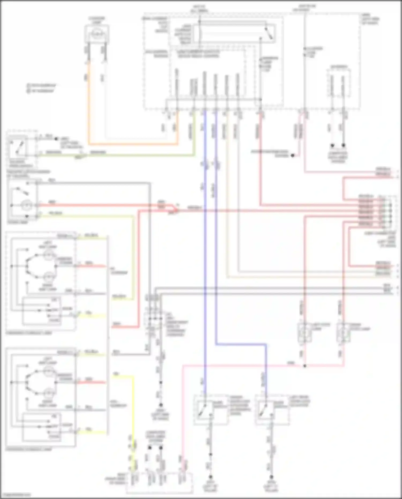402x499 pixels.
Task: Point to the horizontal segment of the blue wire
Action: click(241, 344)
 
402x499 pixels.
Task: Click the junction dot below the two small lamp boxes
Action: click(305, 365)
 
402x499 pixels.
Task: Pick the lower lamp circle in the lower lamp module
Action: click(48, 393)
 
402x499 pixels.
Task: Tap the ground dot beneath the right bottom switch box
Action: click(271, 477)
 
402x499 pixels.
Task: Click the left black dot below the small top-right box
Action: click(332, 146)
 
